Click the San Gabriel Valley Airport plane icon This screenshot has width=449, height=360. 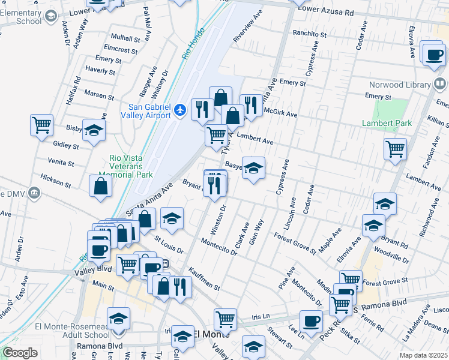[180, 110]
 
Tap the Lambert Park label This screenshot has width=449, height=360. [387, 124]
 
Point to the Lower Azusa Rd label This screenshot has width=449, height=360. [325, 11]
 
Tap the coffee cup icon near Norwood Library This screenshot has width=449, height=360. [433, 55]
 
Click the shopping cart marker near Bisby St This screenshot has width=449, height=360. [42, 126]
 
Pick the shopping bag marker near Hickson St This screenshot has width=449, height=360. [100, 186]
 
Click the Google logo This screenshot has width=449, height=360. [20, 353]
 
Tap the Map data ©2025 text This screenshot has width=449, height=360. [423, 355]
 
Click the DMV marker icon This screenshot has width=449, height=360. [34, 193]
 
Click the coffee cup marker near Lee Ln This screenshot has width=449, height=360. [311, 321]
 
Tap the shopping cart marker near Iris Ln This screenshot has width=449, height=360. [225, 319]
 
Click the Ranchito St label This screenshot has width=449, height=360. [310, 34]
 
